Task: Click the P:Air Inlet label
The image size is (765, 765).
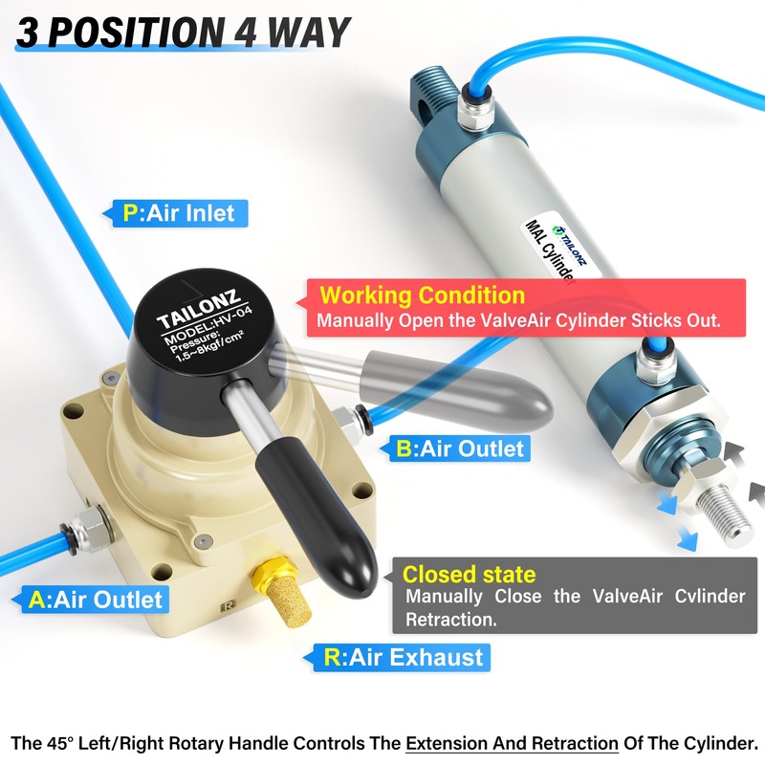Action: [179, 212]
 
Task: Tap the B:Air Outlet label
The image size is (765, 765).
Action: [462, 447]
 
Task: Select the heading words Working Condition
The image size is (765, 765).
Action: [422, 295]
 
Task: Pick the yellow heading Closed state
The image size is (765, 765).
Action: [469, 575]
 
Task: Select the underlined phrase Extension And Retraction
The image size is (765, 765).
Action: [512, 742]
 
